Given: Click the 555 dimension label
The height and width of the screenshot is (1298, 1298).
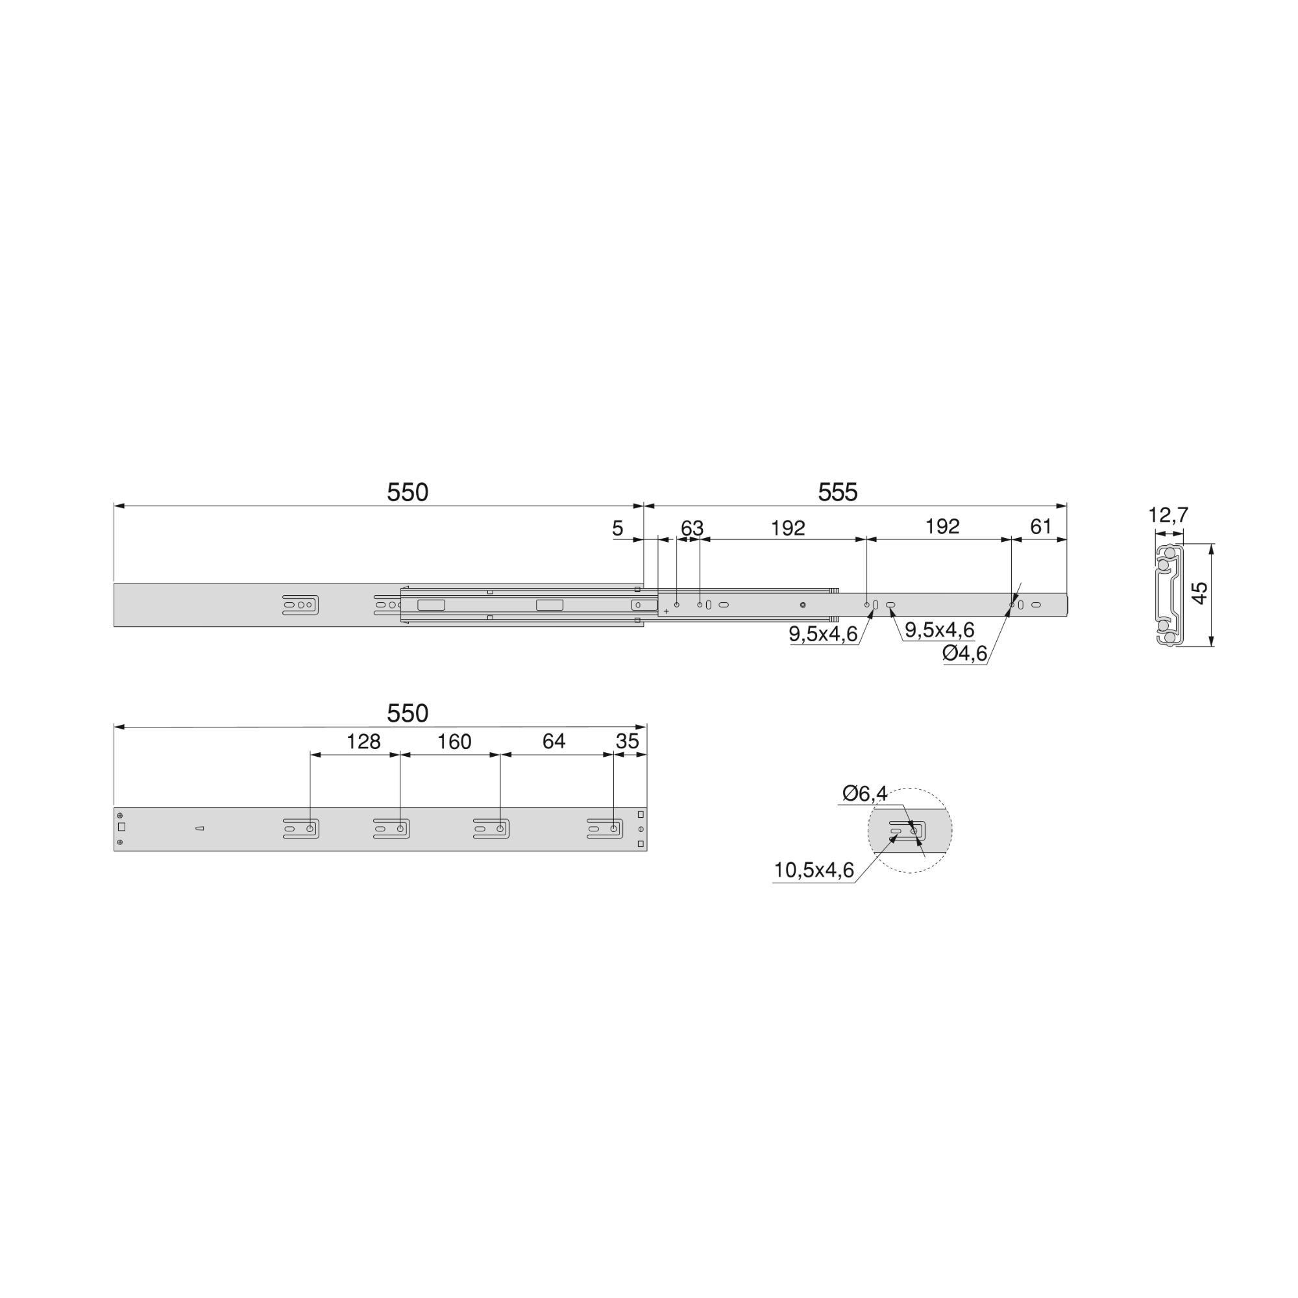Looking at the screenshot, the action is pyautogui.click(x=838, y=493).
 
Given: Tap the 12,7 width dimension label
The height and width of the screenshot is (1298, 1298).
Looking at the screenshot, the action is pyautogui.click(x=1168, y=515).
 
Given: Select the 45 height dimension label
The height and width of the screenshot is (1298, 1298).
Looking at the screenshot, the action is pyautogui.click(x=1200, y=593).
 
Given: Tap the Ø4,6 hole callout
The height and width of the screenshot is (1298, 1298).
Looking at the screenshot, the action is pyautogui.click(x=965, y=652).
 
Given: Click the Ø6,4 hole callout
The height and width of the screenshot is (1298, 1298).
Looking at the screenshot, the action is pyautogui.click(x=864, y=794).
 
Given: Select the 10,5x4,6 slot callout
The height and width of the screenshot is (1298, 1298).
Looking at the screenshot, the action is pyautogui.click(x=814, y=870).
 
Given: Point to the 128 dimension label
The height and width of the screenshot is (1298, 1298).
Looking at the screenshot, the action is pyautogui.click(x=363, y=742).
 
